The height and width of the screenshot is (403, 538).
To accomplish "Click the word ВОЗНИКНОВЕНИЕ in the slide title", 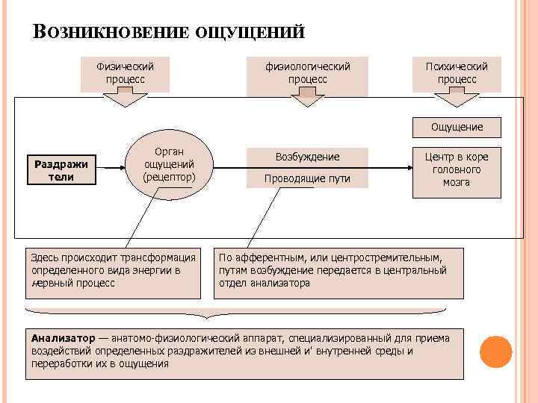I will pos(111,32).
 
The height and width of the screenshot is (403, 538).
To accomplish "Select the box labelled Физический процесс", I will pos(126,72).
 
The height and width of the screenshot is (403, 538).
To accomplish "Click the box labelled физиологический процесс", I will pos(307,72).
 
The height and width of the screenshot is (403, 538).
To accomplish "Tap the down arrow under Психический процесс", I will pos(457,99).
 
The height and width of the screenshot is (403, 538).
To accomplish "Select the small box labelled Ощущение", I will pos(457,127).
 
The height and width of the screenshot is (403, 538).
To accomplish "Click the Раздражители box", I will pos(61,170).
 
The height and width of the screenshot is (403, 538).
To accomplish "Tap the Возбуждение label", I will pos(307,157).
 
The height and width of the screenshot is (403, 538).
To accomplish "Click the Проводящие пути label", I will pos(307,178).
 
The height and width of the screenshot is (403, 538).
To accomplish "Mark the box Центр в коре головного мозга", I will pos(457,170).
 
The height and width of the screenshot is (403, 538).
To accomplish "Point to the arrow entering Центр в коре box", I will pos(392,170).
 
